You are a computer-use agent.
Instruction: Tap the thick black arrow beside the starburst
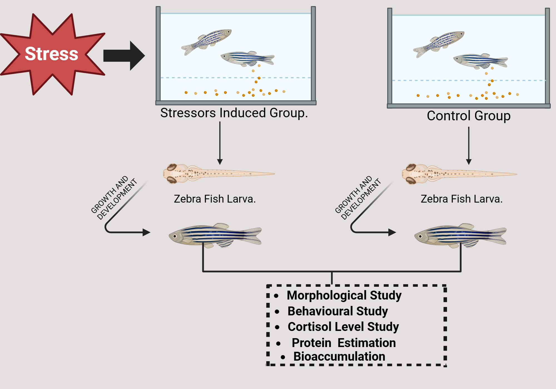tap(124, 56)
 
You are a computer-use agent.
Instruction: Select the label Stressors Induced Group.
tap(234, 113)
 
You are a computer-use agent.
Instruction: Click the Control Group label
tap(469, 116)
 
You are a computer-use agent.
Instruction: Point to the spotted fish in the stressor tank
tap(207, 41)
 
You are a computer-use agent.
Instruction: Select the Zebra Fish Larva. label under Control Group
tap(461, 199)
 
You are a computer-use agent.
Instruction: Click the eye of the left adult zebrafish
tap(175, 236)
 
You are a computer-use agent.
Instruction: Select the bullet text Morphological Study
tap(344, 295)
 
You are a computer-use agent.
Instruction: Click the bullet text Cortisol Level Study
tap(343, 327)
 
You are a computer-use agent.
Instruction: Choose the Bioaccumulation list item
tap(339, 356)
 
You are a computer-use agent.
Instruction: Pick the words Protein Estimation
tap(344, 343)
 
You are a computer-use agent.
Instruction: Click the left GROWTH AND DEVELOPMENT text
tap(114, 198)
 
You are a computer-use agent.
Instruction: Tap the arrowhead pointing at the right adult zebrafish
tap(392, 232)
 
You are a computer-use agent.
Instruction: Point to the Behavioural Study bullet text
tap(337, 311)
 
